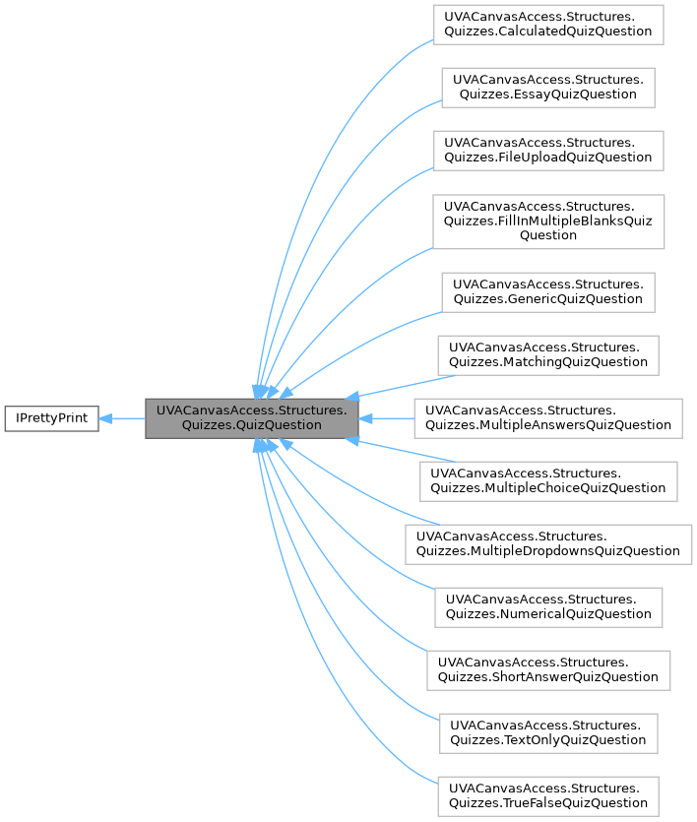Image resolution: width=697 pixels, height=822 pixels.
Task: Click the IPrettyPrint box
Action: pyautogui.click(x=52, y=418)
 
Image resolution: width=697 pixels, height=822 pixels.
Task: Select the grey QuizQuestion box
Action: pyautogui.click(x=252, y=418)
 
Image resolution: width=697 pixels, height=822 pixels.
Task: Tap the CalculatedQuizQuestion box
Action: pyautogui.click(x=548, y=24)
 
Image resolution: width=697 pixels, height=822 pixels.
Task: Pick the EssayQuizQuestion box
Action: pyautogui.click(x=548, y=87)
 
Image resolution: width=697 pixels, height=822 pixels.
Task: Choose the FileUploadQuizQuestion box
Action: pyautogui.click(x=548, y=150)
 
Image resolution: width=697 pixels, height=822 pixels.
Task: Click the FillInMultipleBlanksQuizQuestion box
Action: pyautogui.click(x=548, y=221)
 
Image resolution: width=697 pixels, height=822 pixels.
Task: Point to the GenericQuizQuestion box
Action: pyautogui.click(x=548, y=291)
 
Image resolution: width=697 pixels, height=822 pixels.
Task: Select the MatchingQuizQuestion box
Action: pyautogui.click(x=548, y=354)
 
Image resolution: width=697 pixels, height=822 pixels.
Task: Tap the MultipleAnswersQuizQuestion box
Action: pyautogui.click(x=548, y=417)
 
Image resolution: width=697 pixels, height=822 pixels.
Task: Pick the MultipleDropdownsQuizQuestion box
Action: pyautogui.click(x=548, y=543)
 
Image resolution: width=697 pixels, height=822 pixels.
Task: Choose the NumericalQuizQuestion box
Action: pyautogui.click(x=548, y=606)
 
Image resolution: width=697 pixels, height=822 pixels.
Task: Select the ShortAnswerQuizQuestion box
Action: pyautogui.click(x=548, y=669)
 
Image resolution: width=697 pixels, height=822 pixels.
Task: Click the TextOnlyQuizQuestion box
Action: pyautogui.click(x=548, y=732)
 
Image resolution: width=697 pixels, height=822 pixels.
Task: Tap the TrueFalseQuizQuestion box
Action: pyautogui.click(x=548, y=795)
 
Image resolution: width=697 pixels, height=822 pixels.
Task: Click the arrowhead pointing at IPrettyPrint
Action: pyautogui.click(x=106, y=418)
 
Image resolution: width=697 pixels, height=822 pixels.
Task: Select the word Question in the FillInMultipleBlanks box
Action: pyautogui.click(x=548, y=235)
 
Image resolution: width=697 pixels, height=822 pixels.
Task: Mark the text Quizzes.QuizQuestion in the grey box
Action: pyautogui.click(x=252, y=425)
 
